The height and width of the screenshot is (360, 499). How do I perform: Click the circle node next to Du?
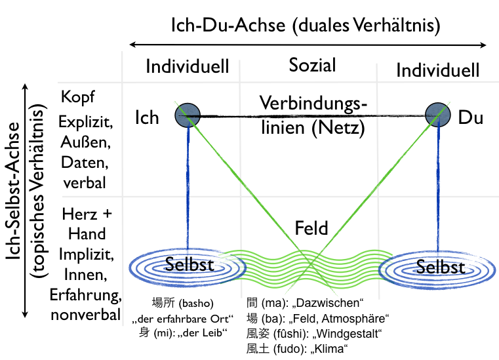coord(437,115)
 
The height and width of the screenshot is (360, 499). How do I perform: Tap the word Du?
coord(470,118)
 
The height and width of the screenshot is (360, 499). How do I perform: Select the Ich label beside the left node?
coord(147,117)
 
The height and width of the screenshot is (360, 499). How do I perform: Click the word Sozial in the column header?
coord(312,65)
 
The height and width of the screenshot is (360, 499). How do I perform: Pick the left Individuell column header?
coord(187,67)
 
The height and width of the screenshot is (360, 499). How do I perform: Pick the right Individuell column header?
coord(438,70)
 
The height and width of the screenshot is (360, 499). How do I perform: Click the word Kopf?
coord(78,97)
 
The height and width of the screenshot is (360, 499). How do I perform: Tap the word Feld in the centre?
coord(311,229)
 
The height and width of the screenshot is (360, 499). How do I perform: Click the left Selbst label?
coord(188,265)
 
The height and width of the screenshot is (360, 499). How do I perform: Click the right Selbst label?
coord(441,267)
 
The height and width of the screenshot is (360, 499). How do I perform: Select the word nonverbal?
coord(85,315)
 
